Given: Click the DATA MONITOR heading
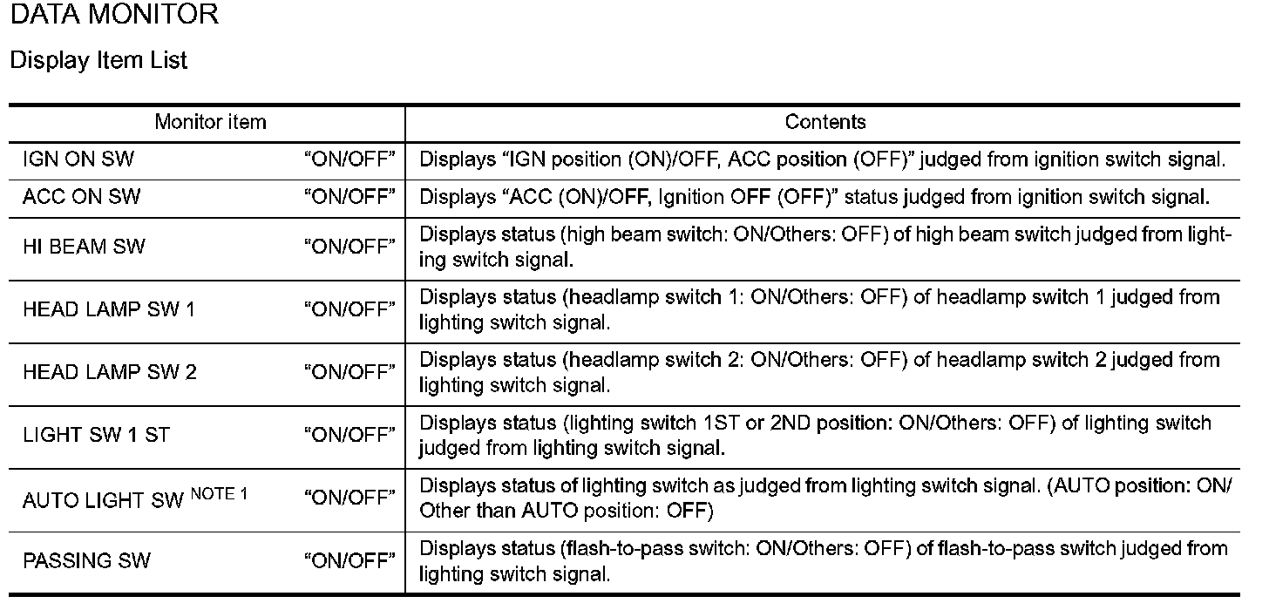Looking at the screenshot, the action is (x=114, y=14).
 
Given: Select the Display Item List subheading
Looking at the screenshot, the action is (x=98, y=61).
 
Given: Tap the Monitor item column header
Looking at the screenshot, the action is (x=211, y=122).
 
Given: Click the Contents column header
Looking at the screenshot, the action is (x=825, y=122).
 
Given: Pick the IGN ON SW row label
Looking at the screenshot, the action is (x=78, y=159).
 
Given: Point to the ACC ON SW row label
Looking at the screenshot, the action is (x=82, y=197).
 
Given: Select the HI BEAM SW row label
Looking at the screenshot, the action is (x=84, y=247).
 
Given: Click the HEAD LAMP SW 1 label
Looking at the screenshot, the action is (x=109, y=310).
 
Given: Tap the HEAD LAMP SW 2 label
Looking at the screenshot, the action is (x=110, y=373).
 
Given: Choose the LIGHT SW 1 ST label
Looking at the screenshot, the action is (x=96, y=435).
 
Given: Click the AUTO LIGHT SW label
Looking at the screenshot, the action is (x=103, y=501).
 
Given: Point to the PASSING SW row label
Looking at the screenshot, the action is (x=86, y=560).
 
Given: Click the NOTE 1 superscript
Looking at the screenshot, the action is (x=220, y=494).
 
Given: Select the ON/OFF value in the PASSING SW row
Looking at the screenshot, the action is (x=349, y=560).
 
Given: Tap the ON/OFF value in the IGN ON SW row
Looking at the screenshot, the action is (x=349, y=159).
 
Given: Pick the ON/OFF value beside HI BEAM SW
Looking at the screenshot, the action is (x=349, y=247).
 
